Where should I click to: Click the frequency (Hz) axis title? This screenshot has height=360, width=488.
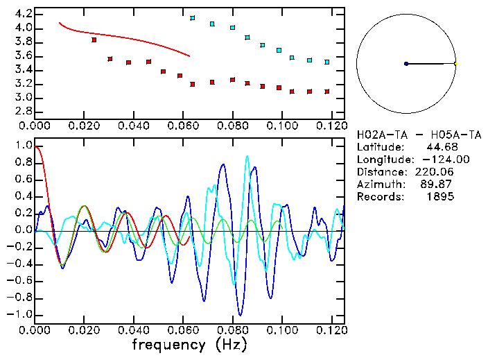pos(189,344)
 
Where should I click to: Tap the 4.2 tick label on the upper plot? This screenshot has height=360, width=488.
pos(21,14)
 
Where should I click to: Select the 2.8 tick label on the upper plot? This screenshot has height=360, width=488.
pos(21,111)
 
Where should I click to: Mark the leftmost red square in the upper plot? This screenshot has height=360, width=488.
pos(94,40)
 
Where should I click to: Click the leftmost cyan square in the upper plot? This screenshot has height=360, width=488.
pos(193,18)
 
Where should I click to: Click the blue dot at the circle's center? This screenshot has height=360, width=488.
pos(406,64)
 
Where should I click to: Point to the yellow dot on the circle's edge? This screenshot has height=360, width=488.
pos(455,64)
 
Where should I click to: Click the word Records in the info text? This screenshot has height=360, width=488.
pos(377,196)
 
